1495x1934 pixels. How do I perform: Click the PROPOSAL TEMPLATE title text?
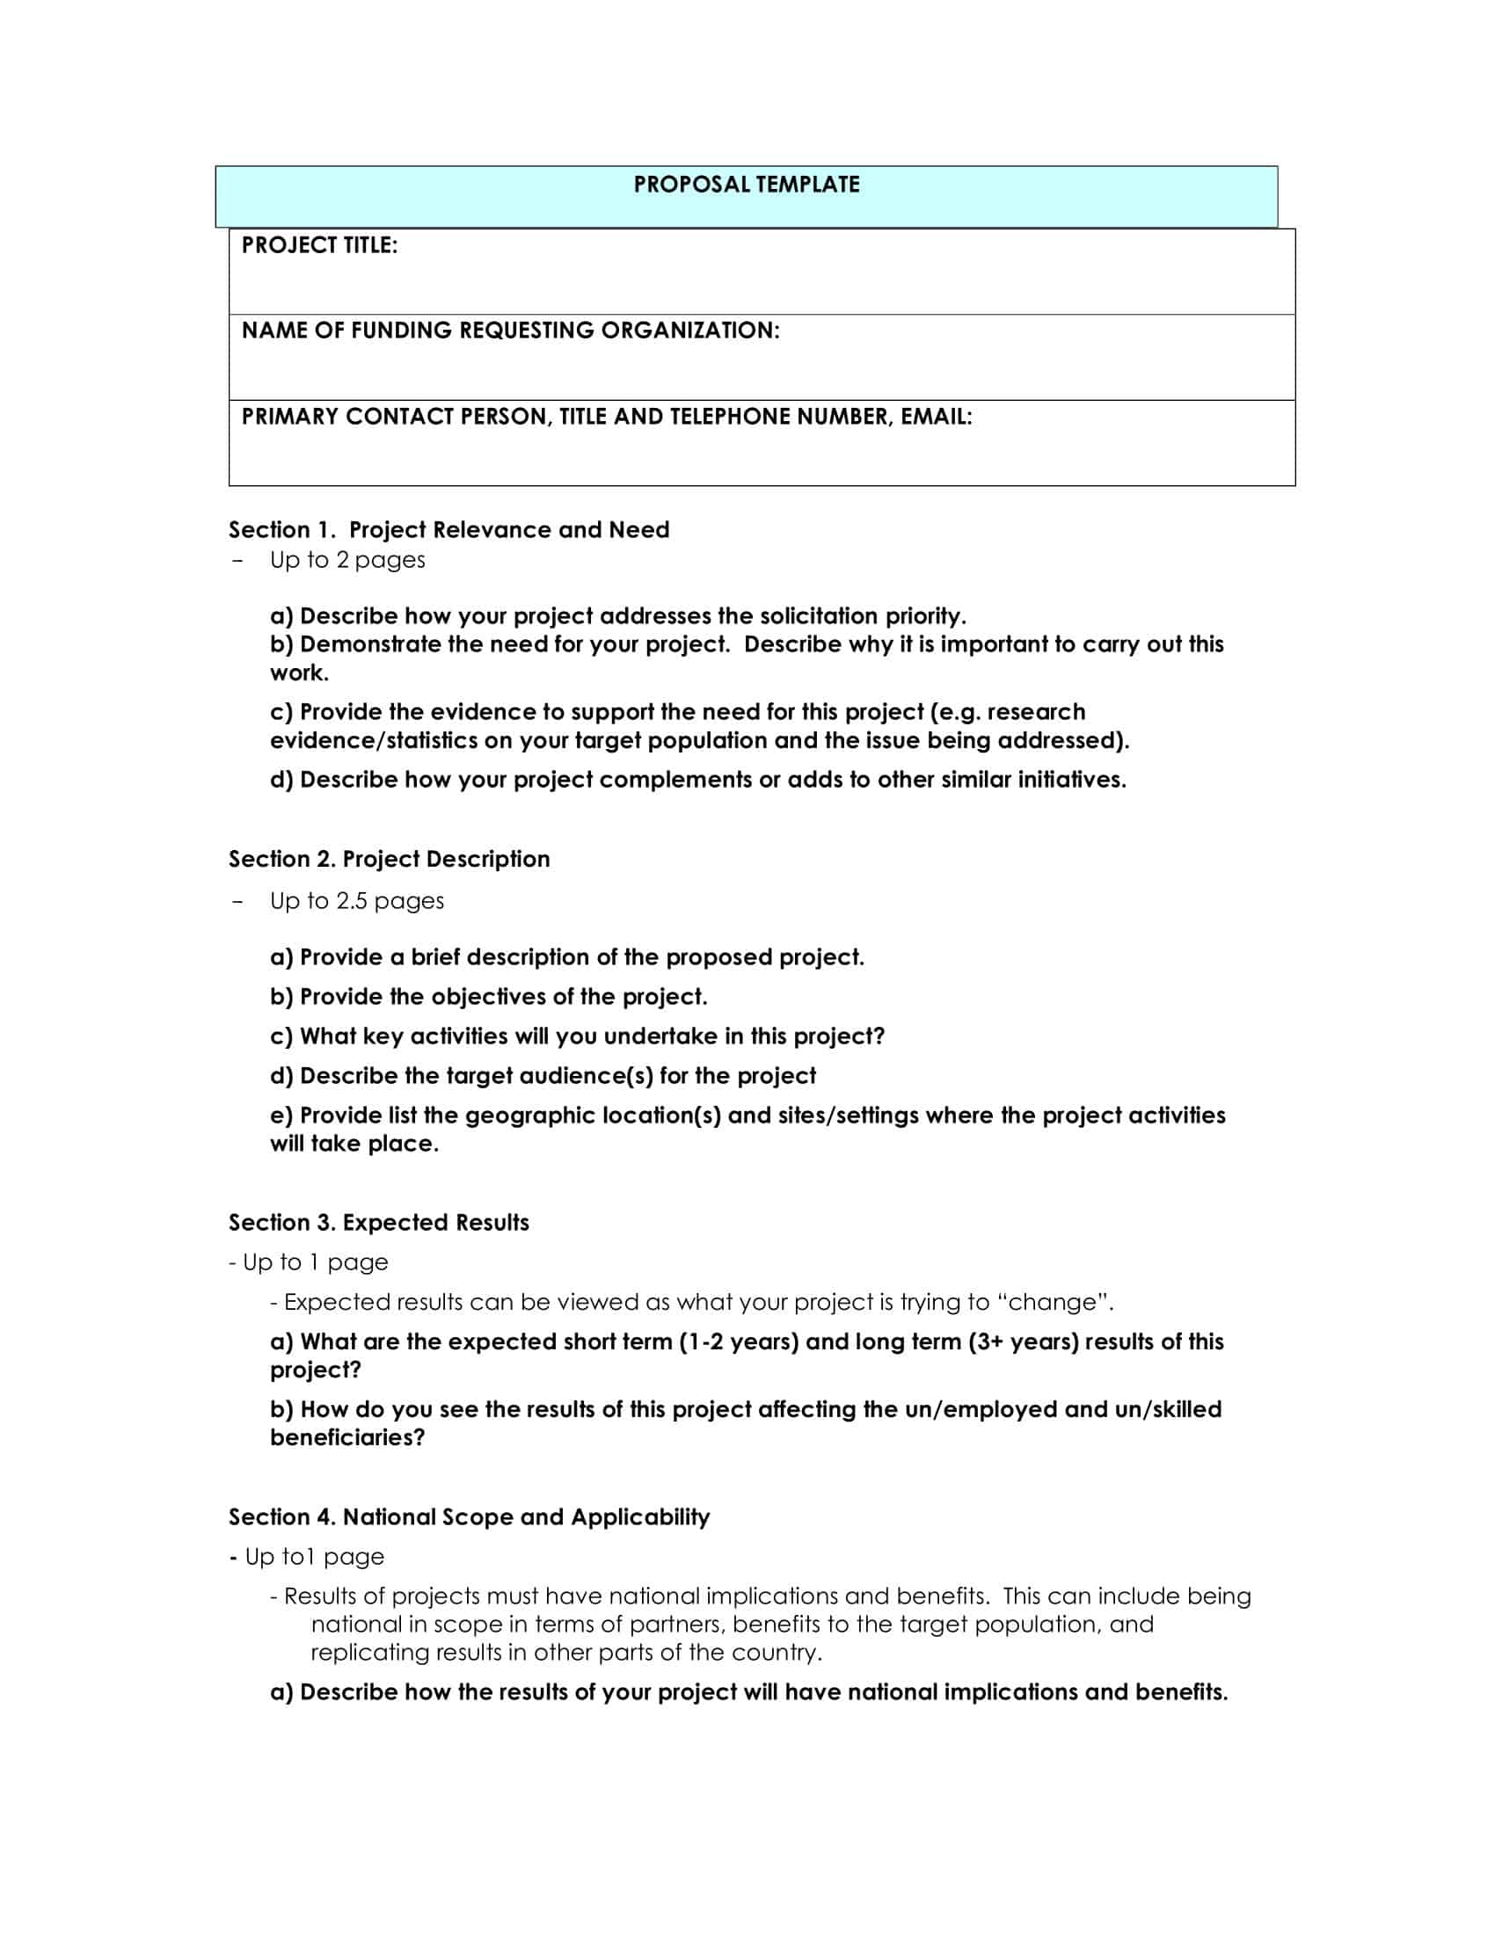[746, 185]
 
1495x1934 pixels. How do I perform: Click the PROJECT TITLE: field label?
[319, 245]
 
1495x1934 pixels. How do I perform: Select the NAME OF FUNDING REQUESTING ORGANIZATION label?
[510, 331]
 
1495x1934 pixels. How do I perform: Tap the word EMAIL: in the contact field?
[937, 416]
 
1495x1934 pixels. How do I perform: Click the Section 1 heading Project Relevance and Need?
[508, 529]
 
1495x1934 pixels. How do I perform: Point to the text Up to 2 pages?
[347, 560]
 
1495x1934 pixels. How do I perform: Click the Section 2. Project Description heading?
[389, 859]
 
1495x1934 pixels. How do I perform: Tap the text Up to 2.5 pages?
[357, 900]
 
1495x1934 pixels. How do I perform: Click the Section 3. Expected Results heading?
[378, 1222]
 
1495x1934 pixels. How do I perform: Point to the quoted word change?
[1054, 1302]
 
